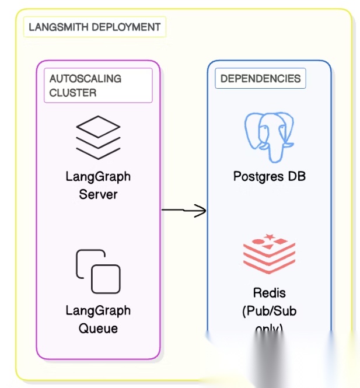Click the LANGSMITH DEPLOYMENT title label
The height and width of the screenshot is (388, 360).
coord(95,27)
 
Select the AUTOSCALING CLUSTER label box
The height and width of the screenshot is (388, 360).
coord(97,85)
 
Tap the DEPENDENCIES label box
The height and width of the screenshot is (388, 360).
coord(260,79)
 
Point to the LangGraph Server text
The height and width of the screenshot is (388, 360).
coord(98,185)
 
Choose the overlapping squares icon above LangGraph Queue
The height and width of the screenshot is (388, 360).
coord(98,271)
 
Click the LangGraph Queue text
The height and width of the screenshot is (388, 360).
coord(98,319)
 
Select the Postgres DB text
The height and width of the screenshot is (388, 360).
coord(269,176)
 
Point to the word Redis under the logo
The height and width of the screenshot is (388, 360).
coord(269,292)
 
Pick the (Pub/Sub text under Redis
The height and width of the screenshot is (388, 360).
coord(269,311)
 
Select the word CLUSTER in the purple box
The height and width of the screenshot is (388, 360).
coord(73,93)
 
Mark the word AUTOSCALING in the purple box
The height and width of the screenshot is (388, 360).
coord(85,79)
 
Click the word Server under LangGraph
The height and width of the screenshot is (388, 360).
coord(98,194)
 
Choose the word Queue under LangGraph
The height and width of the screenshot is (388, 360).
coord(98,328)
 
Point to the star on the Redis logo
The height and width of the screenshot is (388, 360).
coord(270,237)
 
